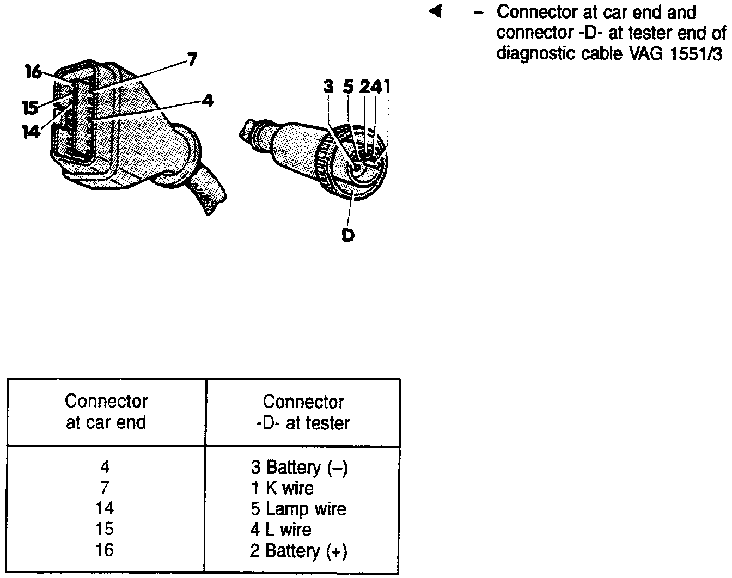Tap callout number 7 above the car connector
pyautogui.click(x=192, y=59)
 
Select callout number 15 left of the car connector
pyautogui.click(x=30, y=108)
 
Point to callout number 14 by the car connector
pyautogui.click(x=31, y=132)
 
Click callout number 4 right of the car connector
pyautogui.click(x=207, y=101)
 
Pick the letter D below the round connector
pyautogui.click(x=348, y=235)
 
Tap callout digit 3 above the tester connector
pyautogui.click(x=328, y=87)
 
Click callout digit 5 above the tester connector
pyautogui.click(x=349, y=87)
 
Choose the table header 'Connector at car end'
pyautogui.click(x=106, y=412)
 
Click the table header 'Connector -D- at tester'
pyautogui.click(x=303, y=413)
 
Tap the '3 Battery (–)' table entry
pyautogui.click(x=298, y=468)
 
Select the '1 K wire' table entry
pyautogui.click(x=282, y=488)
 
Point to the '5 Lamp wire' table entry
pyautogui.click(x=298, y=509)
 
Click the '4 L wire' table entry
pyautogui.click(x=281, y=530)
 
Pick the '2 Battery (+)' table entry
pyautogui.click(x=298, y=551)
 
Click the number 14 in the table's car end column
pyautogui.click(x=105, y=508)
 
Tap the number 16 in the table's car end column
pyautogui.click(x=105, y=550)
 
